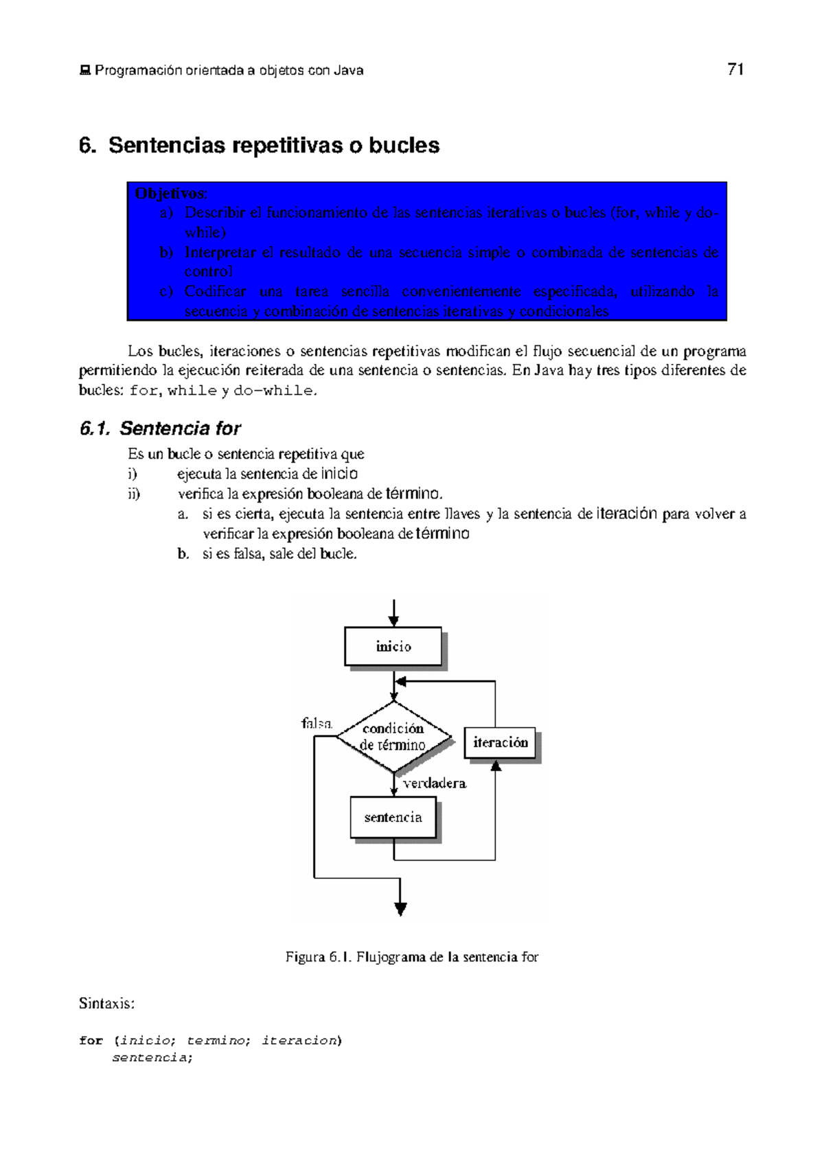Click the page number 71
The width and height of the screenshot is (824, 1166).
pyautogui.click(x=735, y=69)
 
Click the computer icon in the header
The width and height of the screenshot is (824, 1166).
pyautogui.click(x=85, y=71)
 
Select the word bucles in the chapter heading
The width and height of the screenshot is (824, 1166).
pyautogui.click(x=404, y=146)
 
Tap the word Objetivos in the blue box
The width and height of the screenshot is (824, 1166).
pyautogui.click(x=170, y=194)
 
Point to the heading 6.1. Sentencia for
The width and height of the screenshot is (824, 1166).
pyautogui.click(x=160, y=428)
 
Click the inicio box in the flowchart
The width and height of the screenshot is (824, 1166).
pyautogui.click(x=393, y=646)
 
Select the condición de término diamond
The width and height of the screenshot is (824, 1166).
pyautogui.click(x=394, y=737)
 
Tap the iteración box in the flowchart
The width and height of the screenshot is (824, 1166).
pyautogui.click(x=500, y=742)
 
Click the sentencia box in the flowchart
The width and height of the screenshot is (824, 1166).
pyautogui.click(x=393, y=817)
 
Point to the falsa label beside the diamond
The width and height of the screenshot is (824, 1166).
pyautogui.click(x=317, y=723)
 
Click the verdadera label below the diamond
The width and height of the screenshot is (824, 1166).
pyautogui.click(x=435, y=784)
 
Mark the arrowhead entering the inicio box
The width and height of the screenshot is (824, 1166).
pyautogui.click(x=393, y=621)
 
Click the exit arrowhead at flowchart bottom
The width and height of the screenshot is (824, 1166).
pyautogui.click(x=401, y=910)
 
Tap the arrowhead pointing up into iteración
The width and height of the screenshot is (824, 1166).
pyautogui.click(x=496, y=765)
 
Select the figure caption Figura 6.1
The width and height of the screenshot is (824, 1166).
pyautogui.click(x=412, y=957)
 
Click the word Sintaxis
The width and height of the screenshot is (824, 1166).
pyautogui.click(x=106, y=1003)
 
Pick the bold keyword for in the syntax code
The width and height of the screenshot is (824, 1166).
pyautogui.click(x=91, y=1040)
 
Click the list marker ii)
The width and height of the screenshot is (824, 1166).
pyautogui.click(x=134, y=494)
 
